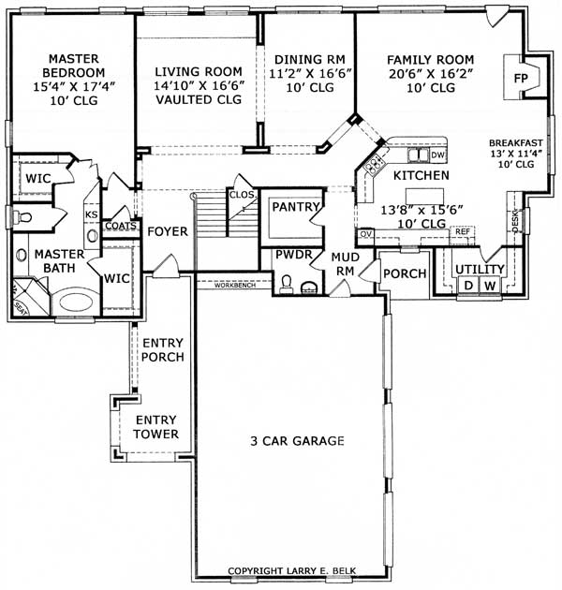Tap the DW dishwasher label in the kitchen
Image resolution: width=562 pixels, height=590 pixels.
(438, 155)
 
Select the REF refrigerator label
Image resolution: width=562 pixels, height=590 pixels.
(462, 230)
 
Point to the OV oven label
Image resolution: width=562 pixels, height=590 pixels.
(365, 232)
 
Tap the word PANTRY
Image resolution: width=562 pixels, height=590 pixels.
(295, 207)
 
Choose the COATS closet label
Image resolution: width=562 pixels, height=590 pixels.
(121, 226)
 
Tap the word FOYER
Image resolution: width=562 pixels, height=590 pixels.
(168, 231)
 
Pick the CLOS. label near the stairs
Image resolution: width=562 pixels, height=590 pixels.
(243, 195)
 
